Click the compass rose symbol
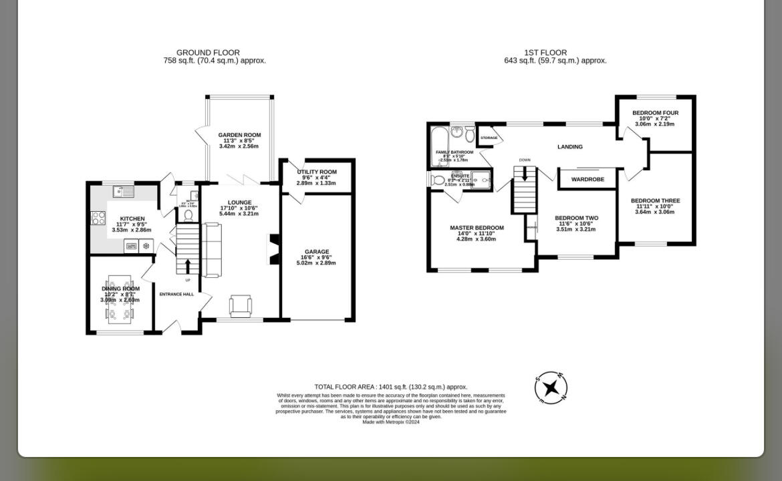551,388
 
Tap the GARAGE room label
317,252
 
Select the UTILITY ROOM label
317,172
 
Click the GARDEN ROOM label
239,135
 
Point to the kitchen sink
124,192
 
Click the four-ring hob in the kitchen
98,218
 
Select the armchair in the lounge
241,305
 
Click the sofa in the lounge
211,251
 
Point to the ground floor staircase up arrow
187,266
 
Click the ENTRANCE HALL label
176,294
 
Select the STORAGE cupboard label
489,138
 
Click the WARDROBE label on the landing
588,179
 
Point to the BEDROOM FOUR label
655,113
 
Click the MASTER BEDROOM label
477,228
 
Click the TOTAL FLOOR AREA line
391,387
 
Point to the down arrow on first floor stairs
525,174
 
